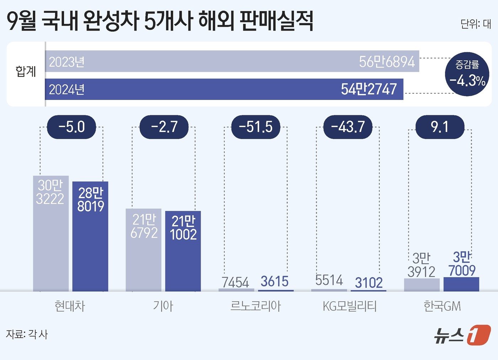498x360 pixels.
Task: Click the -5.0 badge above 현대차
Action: [71, 127]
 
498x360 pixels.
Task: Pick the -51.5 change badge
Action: [255, 127]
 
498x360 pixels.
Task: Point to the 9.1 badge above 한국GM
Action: [440, 127]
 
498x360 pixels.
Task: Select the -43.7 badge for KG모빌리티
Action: [348, 127]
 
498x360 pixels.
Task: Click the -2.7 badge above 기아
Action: [164, 127]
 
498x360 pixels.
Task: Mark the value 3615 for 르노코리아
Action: [274, 282]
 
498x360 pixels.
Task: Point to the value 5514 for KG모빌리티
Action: [329, 280]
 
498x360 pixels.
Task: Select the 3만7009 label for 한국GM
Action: [462, 264]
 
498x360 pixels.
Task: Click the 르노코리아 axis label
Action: [255, 306]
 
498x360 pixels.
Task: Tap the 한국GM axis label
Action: [442, 306]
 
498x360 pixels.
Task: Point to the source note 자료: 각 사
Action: [27, 334]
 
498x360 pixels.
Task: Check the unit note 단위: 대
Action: [475, 24]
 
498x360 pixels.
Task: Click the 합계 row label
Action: [26, 72]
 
